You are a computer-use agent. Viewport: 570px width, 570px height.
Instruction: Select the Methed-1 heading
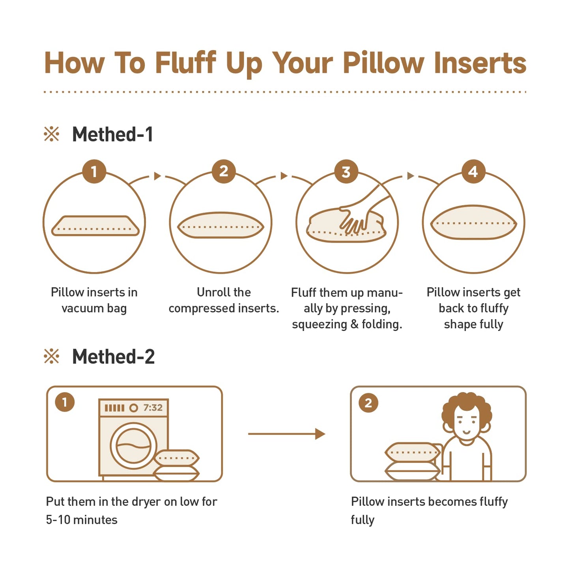(112, 135)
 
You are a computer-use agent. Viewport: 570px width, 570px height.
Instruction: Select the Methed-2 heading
(113, 357)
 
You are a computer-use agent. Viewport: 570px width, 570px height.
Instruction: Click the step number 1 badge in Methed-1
(94, 171)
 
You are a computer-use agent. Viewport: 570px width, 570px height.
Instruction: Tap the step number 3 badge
(346, 171)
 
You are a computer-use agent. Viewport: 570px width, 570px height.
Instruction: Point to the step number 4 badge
(473, 171)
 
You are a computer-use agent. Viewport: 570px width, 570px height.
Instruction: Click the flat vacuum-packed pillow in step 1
(95, 226)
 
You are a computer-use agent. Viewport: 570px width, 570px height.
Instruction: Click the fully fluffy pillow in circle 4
(473, 222)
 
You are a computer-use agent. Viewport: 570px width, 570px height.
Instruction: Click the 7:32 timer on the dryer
(153, 407)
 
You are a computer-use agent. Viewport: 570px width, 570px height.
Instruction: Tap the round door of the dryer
(133, 447)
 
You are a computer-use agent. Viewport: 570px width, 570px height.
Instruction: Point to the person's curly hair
(467, 410)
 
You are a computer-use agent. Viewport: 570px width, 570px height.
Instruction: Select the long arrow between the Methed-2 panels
(286, 434)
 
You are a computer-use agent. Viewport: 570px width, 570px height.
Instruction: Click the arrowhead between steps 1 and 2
(157, 176)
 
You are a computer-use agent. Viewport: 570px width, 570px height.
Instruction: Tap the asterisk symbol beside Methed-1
(51, 134)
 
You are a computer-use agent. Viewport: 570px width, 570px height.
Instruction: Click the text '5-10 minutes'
(82, 520)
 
